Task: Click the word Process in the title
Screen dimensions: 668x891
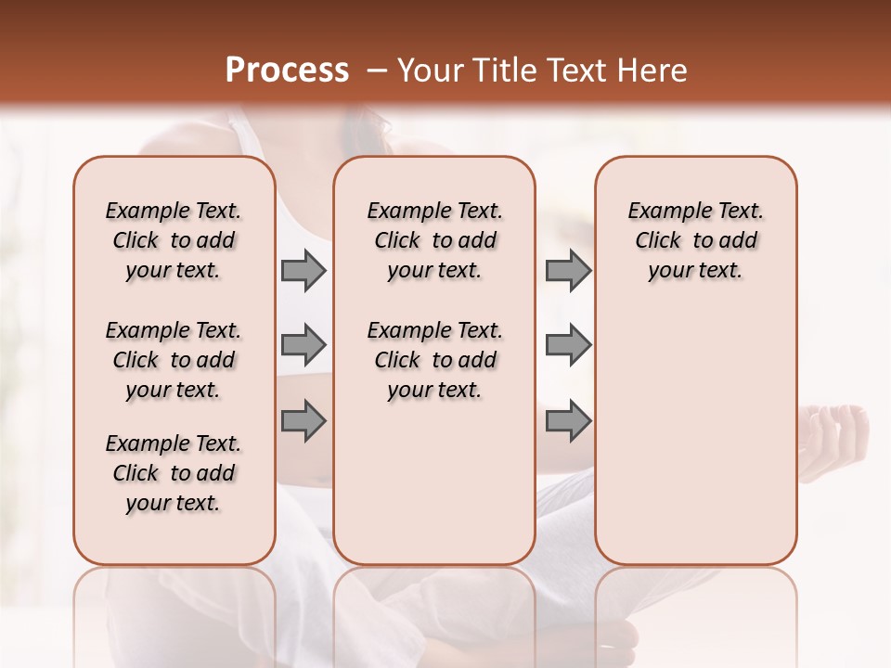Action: click(x=286, y=71)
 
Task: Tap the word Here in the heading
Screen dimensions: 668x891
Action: click(x=653, y=71)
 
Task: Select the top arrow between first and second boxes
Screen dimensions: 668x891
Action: click(x=303, y=271)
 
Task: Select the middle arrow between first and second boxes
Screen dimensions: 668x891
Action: click(x=303, y=346)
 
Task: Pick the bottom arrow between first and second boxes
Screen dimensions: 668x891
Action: click(x=303, y=421)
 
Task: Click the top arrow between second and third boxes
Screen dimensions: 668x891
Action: click(x=568, y=271)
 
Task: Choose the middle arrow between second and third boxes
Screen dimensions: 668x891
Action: click(x=568, y=346)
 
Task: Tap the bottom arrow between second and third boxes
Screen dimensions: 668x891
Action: click(x=568, y=421)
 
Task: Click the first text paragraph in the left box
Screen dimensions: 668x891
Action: click(x=174, y=240)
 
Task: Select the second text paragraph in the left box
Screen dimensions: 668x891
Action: click(x=174, y=360)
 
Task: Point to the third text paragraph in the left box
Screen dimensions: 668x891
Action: click(x=174, y=473)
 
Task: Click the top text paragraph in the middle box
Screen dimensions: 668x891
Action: click(x=434, y=240)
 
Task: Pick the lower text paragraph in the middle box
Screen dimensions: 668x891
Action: click(x=434, y=360)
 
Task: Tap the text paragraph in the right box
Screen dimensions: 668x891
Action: click(x=695, y=240)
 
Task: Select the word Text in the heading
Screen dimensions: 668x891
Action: click(x=579, y=71)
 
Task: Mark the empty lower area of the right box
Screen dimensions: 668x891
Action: click(x=695, y=436)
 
